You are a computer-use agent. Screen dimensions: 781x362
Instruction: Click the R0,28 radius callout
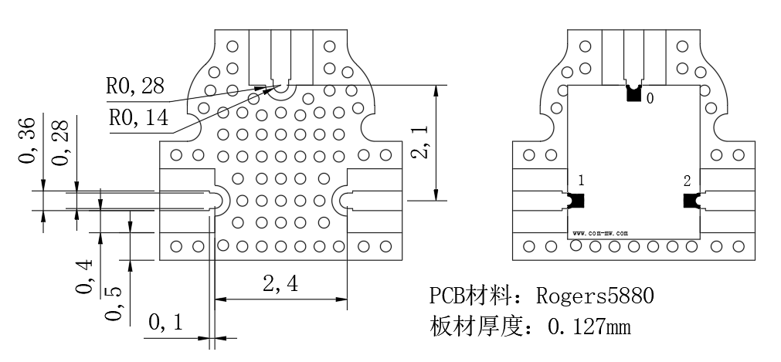[135, 86]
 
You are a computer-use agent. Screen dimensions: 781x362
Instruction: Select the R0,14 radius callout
[138, 118]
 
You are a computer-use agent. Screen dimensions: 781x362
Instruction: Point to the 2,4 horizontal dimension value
[280, 284]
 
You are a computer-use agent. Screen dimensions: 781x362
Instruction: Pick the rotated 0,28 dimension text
[61, 144]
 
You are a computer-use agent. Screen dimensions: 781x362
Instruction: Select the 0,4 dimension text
[84, 276]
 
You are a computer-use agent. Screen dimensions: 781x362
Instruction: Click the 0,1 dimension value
[166, 323]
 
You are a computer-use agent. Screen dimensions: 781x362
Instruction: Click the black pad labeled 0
[633, 93]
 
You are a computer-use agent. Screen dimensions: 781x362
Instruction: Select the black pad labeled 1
[576, 201]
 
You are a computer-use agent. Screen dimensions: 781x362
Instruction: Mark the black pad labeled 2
[691, 201]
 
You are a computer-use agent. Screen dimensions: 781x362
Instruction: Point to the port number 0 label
[650, 99]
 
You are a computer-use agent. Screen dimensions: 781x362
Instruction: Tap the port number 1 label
[581, 181]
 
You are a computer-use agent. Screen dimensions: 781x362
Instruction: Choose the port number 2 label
[688, 181]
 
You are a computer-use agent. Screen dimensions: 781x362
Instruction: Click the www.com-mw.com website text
[600, 232]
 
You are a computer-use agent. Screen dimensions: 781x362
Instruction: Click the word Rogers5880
[595, 296]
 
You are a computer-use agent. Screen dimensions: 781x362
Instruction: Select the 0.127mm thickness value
[589, 327]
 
